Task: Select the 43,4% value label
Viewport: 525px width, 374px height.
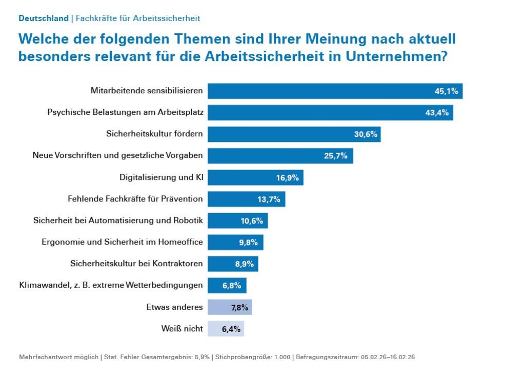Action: (x=437, y=113)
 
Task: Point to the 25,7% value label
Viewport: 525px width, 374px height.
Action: (x=335, y=156)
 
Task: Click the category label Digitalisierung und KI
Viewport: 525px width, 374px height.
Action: (x=161, y=178)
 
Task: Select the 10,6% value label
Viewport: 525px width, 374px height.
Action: (x=251, y=221)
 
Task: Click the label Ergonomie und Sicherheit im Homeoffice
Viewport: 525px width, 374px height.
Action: (x=122, y=242)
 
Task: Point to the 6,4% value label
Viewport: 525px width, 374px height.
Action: (x=231, y=329)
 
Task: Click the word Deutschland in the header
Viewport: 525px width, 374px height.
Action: (x=44, y=18)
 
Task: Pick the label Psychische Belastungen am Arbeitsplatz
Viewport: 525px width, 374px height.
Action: (x=125, y=113)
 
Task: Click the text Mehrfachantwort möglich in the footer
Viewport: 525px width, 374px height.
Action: (x=58, y=357)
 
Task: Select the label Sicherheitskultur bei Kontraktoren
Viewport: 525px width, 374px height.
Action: (x=136, y=264)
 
